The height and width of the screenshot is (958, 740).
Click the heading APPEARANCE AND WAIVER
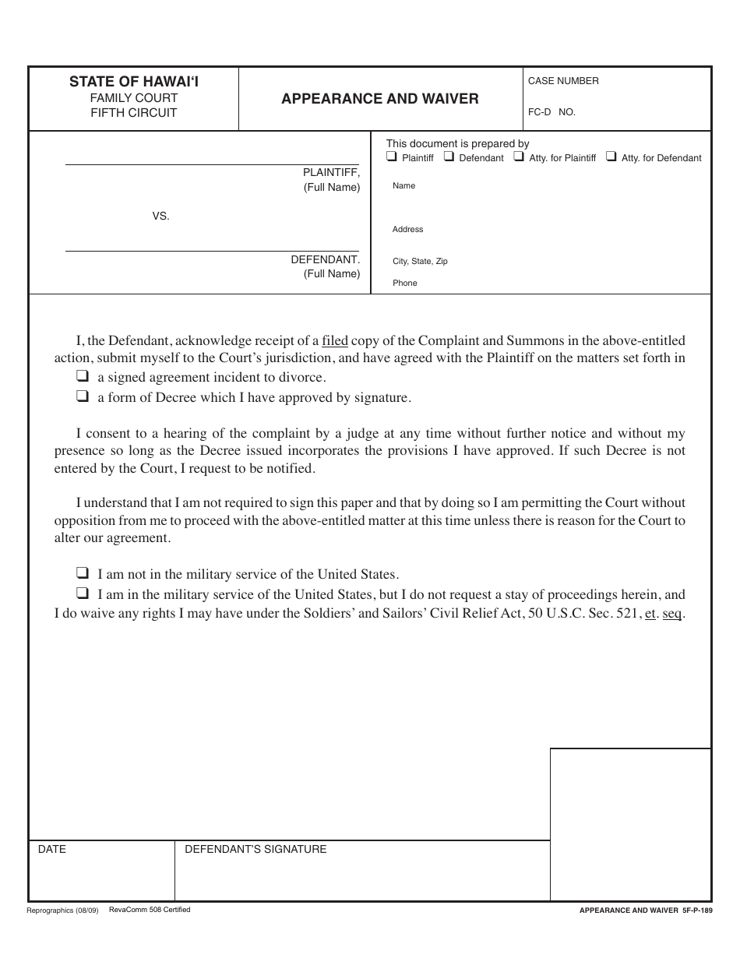(x=380, y=99)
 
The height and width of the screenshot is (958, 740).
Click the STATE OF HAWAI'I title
(x=133, y=81)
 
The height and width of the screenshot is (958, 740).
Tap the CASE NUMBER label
(x=563, y=81)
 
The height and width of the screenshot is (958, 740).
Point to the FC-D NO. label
(x=551, y=112)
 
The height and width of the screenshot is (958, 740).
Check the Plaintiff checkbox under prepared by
(x=392, y=157)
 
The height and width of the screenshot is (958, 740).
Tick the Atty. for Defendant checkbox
(x=611, y=157)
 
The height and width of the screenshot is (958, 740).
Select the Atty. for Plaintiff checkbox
(x=519, y=157)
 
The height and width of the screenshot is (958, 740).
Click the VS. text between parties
(x=160, y=217)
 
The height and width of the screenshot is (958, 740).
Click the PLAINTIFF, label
(x=331, y=173)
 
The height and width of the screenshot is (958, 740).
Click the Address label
(x=407, y=230)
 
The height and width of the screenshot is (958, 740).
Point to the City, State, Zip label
(x=420, y=262)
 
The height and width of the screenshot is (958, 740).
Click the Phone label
(x=404, y=284)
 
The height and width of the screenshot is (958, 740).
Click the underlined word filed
(x=335, y=340)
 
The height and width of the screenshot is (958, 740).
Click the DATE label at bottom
(x=52, y=850)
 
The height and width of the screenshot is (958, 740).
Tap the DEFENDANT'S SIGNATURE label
(x=255, y=850)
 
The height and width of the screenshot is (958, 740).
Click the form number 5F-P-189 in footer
(x=696, y=910)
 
